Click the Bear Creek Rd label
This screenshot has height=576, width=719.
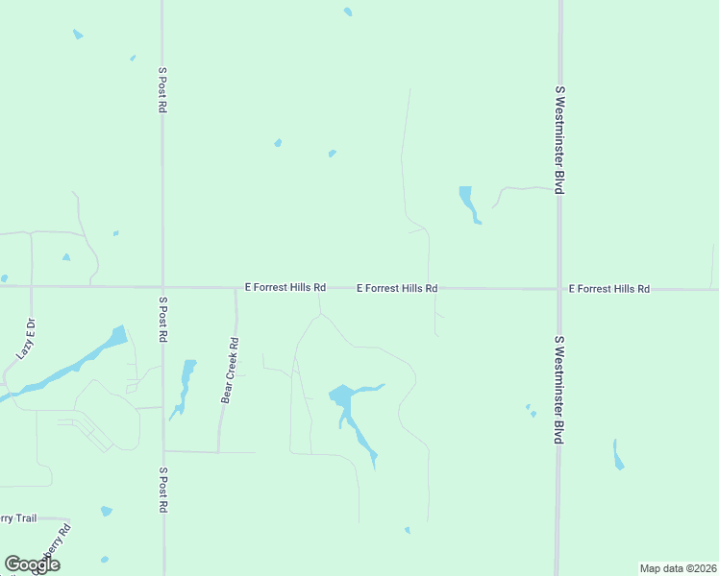click(230, 370)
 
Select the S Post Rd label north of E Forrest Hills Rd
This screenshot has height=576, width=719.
click(162, 90)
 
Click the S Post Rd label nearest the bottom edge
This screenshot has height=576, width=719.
click(162, 491)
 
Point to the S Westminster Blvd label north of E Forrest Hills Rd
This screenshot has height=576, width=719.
click(558, 140)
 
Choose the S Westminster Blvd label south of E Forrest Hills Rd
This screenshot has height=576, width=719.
click(558, 389)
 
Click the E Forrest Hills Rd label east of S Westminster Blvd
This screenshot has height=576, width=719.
click(609, 288)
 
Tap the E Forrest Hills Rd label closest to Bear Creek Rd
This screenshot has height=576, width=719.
click(285, 287)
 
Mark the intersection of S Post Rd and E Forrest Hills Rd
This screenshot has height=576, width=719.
click(162, 286)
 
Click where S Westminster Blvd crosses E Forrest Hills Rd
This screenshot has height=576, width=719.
click(558, 288)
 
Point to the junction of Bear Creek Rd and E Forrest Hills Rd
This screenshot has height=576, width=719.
click(236, 287)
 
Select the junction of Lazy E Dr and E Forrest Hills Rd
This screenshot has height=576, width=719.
click(31, 286)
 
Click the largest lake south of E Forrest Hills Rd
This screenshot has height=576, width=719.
click(343, 396)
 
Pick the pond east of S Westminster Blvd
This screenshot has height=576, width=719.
click(618, 455)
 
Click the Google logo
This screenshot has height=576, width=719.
click(32, 564)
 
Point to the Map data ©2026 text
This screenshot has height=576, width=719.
click(679, 568)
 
